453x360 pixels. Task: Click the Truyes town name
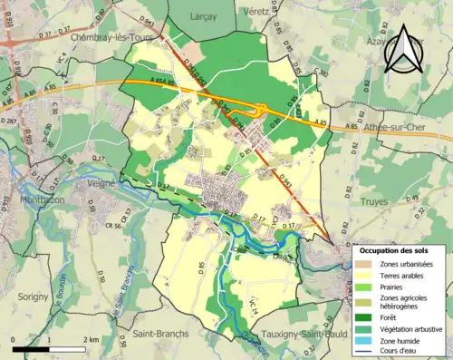click(373, 202)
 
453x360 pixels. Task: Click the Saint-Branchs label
click(160, 334)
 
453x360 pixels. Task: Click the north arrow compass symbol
click(402, 53)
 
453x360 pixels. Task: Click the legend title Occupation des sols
click(394, 249)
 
